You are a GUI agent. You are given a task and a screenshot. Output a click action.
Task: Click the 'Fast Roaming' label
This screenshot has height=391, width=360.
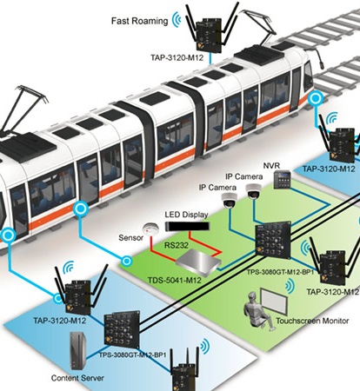[139, 21]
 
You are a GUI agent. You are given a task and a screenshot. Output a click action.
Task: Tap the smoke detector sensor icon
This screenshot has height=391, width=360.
[150, 229]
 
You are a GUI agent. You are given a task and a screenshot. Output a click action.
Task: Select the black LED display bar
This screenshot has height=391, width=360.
[187, 226]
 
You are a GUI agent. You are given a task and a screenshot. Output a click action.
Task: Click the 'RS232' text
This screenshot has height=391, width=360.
[177, 245]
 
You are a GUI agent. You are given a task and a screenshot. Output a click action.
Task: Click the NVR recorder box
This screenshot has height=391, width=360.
[282, 179]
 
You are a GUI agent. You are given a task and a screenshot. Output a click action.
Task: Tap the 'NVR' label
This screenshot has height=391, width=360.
[271, 166]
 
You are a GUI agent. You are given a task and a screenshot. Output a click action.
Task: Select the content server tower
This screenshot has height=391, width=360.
[77, 350]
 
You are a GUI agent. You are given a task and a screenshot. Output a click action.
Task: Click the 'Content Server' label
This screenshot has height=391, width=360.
[77, 378]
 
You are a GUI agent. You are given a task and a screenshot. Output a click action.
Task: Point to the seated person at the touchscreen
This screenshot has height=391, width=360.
[257, 311]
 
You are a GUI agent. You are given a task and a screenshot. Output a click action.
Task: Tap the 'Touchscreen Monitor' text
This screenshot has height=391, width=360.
[312, 321]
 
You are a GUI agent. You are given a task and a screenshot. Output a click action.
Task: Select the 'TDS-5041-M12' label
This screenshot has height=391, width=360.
[175, 281]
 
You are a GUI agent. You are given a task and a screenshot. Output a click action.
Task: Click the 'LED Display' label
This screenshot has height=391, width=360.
[186, 215]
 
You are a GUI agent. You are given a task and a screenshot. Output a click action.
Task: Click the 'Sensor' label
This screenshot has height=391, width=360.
[131, 238]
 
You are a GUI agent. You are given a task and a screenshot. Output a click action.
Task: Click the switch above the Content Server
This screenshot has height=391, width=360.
[122, 328]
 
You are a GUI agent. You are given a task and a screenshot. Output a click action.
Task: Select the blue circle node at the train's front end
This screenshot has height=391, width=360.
[315, 98]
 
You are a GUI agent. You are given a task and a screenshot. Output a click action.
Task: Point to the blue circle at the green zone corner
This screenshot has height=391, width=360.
[126, 262]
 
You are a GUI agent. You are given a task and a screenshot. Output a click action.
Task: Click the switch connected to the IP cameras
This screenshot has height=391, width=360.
[273, 240]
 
